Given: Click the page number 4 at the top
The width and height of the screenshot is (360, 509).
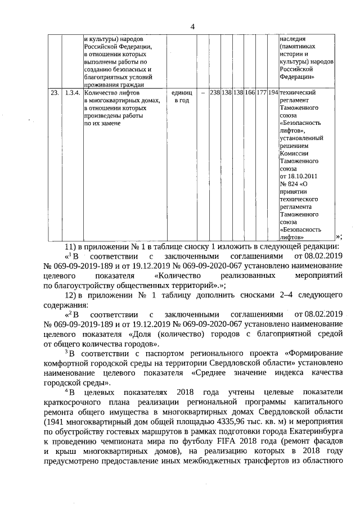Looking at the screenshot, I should click(192, 26).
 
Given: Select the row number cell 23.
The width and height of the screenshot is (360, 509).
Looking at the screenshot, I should click(54, 92).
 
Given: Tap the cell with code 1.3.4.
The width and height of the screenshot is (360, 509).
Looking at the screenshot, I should click(72, 92).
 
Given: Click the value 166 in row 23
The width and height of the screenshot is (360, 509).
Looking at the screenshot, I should click(250, 92).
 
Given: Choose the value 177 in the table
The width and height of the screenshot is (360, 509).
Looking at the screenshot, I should click(262, 92).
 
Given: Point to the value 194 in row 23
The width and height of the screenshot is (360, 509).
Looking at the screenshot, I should click(273, 92).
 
